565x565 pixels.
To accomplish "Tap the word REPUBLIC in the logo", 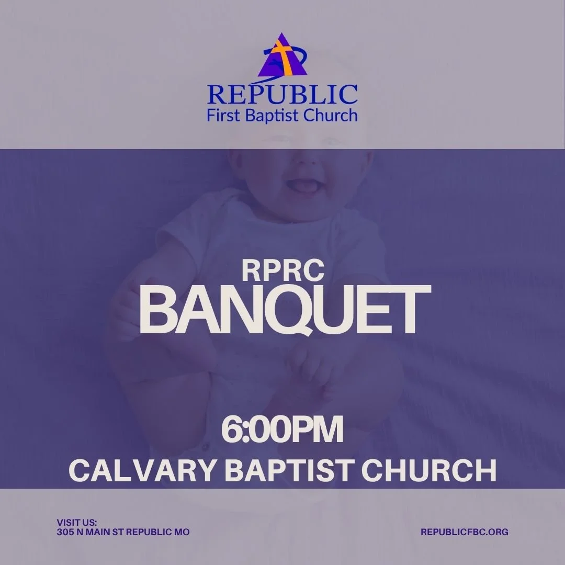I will coord(282,94).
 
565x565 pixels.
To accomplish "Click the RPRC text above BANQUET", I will coord(283,269).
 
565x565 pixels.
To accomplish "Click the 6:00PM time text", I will coord(282,430).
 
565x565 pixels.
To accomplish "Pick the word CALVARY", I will coord(142,470).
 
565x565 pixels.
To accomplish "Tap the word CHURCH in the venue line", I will coord(429,470).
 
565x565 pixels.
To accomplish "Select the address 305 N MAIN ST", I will coord(95,532).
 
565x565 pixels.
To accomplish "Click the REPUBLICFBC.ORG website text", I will coord(465,532).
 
